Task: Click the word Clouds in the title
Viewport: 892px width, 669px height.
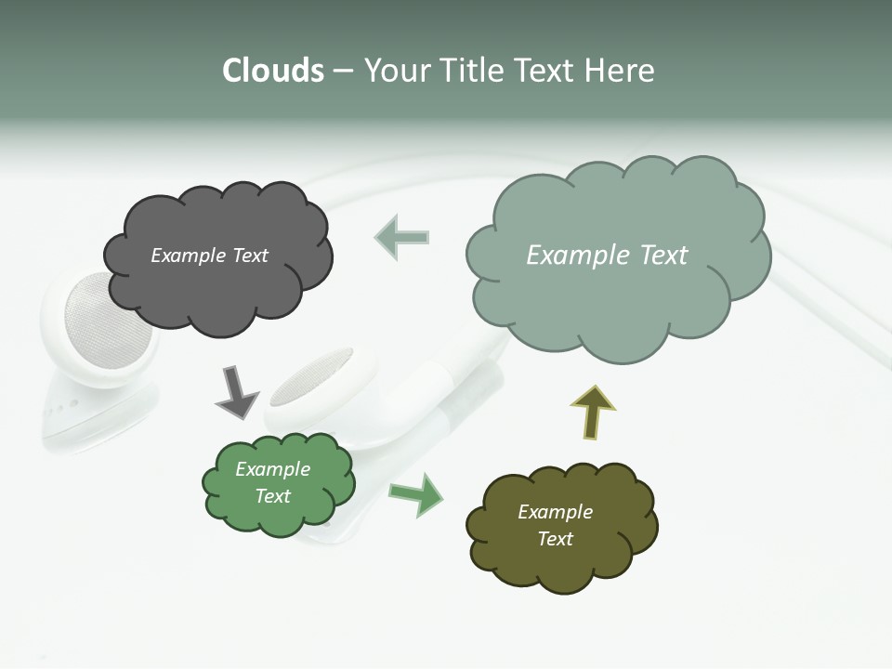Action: pyautogui.click(x=273, y=71)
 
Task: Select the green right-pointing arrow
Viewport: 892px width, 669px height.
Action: pyautogui.click(x=416, y=493)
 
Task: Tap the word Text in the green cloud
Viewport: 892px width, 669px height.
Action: pyautogui.click(x=273, y=496)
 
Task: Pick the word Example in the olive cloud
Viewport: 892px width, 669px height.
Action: pyautogui.click(x=555, y=512)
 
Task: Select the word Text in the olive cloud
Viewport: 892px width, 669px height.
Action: pyautogui.click(x=555, y=539)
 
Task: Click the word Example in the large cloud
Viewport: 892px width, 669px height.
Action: pyautogui.click(x=574, y=256)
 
